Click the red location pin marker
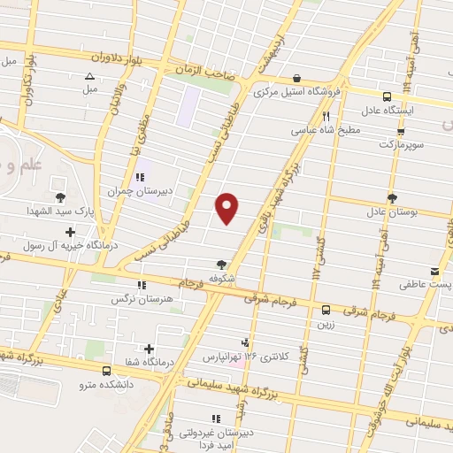click(x=227, y=209)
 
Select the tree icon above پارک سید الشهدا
click(x=60, y=199)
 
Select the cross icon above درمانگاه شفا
click(x=149, y=349)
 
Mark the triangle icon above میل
click(x=89, y=77)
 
